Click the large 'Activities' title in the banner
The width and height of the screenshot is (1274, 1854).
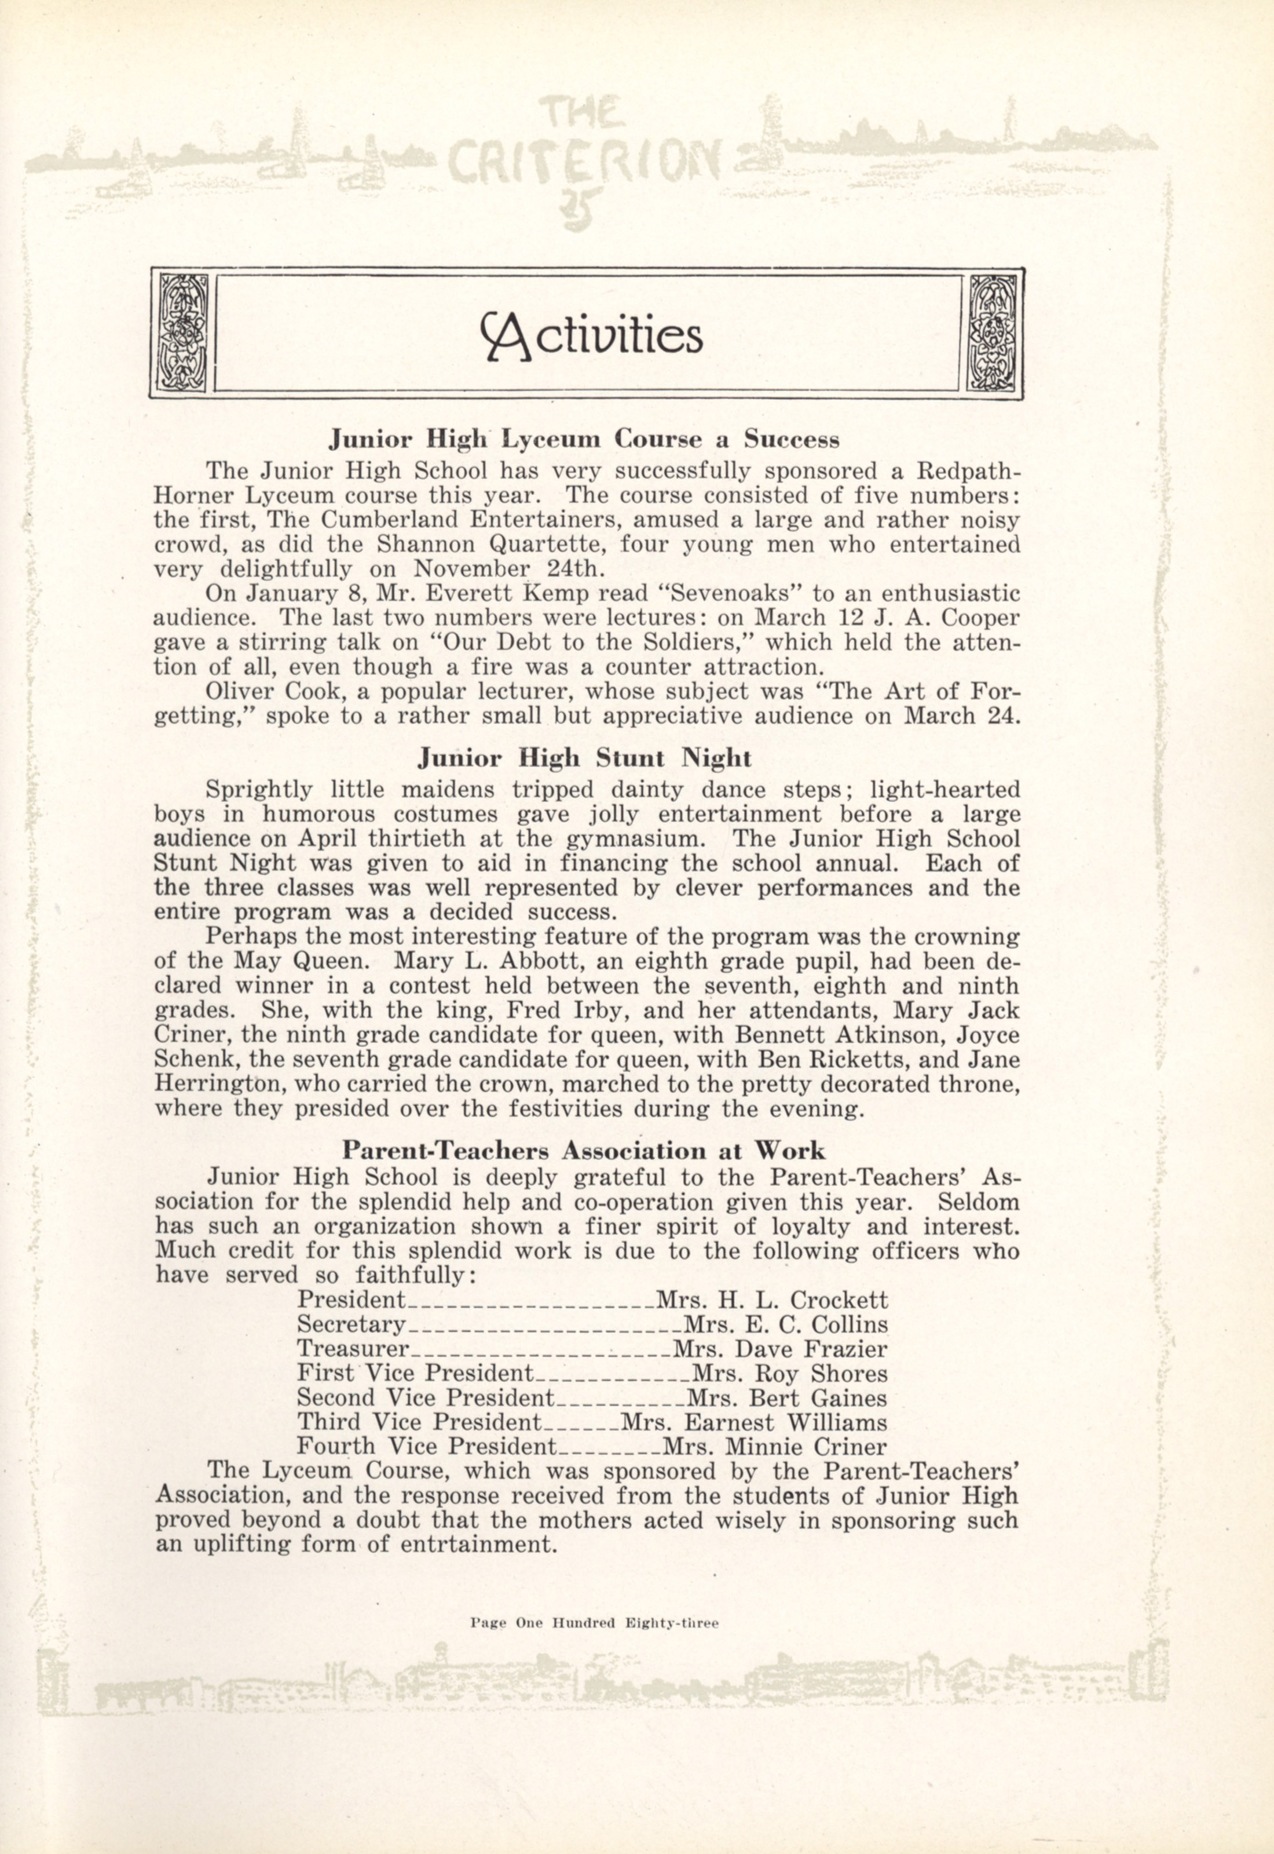pos(591,334)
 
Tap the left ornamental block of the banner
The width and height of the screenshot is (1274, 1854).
pos(183,333)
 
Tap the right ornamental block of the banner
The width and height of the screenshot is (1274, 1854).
pos(991,333)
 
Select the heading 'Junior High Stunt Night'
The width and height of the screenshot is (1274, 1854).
pos(585,756)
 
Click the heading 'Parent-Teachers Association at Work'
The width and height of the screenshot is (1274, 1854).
pos(584,1149)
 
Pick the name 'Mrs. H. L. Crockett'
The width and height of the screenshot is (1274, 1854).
pos(771,1300)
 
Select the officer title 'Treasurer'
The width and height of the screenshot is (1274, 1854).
pos(352,1349)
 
